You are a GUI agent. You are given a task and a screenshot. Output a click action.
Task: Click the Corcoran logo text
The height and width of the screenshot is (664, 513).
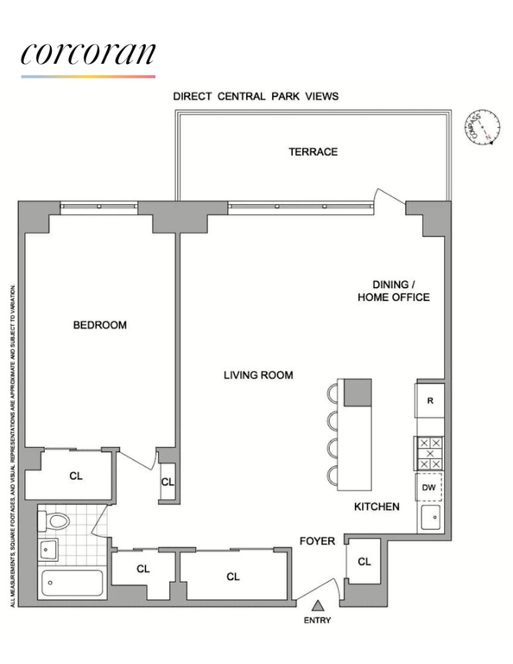coord(88,54)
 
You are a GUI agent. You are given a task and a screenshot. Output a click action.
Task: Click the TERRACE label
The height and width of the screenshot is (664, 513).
coord(313,152)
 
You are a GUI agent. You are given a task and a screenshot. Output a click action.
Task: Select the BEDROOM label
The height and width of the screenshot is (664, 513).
coord(100,325)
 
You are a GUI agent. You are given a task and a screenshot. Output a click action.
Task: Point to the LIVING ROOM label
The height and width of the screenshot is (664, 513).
coord(258,375)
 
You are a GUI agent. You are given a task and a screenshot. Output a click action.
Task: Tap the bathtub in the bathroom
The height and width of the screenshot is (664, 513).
coord(72,583)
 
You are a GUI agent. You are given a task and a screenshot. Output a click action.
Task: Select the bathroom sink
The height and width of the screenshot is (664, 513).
coord(48,550)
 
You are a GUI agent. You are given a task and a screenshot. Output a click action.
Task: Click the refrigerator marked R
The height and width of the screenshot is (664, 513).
coord(430,401)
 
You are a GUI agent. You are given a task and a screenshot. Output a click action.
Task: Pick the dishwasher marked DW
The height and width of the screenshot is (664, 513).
coord(429,487)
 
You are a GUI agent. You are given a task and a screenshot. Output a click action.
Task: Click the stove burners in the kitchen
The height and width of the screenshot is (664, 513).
coord(429,453)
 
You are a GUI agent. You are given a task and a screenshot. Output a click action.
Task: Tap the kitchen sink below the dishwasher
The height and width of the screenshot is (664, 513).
coord(430,518)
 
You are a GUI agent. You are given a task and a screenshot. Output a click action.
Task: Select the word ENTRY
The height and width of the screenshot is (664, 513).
coord(317,620)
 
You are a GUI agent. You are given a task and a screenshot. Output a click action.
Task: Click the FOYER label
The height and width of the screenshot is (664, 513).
coord(317,541)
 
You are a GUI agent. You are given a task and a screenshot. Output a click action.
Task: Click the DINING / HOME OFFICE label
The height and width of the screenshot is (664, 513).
coord(394,291)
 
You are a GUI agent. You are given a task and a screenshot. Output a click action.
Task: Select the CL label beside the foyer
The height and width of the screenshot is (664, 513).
coord(364,561)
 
